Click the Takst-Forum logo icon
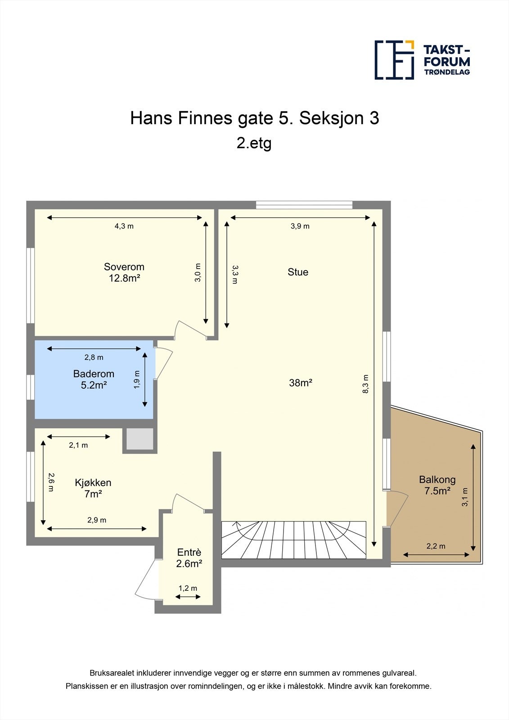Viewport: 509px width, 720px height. click(x=394, y=60)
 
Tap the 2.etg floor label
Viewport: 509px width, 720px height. click(x=254, y=143)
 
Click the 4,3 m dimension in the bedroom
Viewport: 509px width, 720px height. click(x=124, y=226)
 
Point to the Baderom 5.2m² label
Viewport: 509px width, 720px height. click(x=94, y=379)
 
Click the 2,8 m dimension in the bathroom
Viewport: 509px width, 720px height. click(x=94, y=357)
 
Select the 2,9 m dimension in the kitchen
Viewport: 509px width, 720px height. click(x=97, y=520)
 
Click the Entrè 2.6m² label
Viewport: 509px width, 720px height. click(x=189, y=558)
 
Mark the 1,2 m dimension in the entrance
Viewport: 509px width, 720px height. click(x=188, y=588)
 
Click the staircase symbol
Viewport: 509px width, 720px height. click(x=293, y=539)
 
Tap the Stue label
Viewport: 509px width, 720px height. click(x=298, y=272)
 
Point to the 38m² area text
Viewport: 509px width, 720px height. click(x=301, y=383)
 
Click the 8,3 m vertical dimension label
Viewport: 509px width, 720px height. click(x=366, y=384)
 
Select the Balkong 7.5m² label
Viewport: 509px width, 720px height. click(x=437, y=485)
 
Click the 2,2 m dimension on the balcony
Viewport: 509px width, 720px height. click(x=436, y=546)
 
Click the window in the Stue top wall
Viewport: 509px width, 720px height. click(x=304, y=205)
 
